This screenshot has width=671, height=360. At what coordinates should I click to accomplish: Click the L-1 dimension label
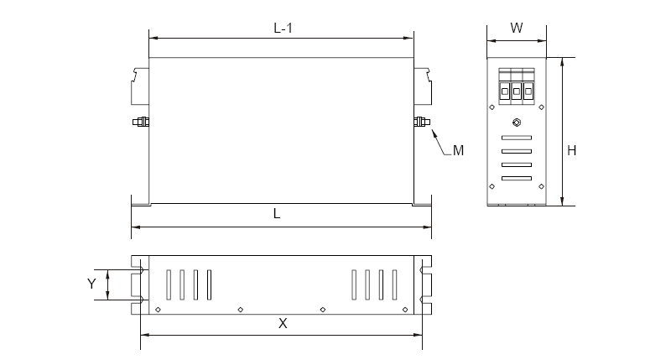pos(283,27)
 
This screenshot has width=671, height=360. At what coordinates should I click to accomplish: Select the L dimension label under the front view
pos(277,214)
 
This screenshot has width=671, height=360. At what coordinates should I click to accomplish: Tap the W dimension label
pos(517,27)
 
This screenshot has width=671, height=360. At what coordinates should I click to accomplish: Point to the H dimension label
pos(571,151)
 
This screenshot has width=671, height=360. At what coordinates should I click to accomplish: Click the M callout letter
pos(458,151)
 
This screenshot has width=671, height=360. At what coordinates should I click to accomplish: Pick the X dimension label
pos(283,323)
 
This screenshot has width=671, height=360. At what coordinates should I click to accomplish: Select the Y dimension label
pos(92,284)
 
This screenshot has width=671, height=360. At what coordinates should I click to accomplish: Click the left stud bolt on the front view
pos(140,123)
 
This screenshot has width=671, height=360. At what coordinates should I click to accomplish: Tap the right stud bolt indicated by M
pos(422,123)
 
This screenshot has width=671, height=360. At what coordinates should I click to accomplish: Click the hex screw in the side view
pos(516,123)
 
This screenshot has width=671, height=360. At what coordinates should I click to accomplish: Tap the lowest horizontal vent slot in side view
pos(516,178)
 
